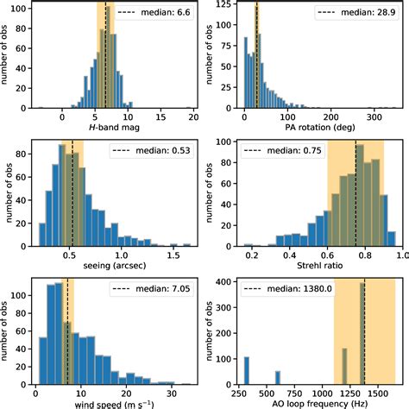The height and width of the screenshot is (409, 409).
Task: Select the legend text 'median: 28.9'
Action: click(x=364, y=14)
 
